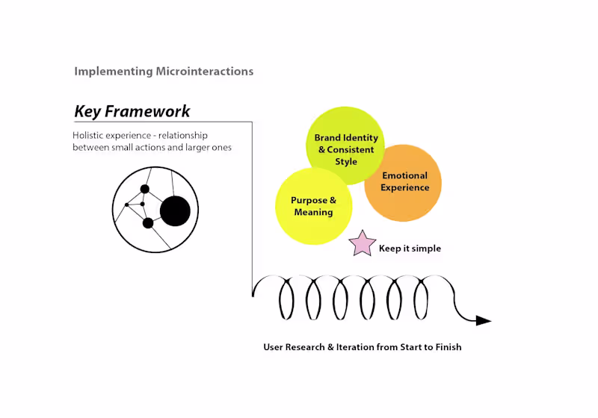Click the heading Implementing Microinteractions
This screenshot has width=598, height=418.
click(164, 72)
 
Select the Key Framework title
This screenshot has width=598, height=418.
click(132, 112)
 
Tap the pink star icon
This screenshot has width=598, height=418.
click(363, 244)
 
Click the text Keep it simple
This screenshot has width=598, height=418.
click(410, 249)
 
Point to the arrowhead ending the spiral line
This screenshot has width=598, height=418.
click(484, 321)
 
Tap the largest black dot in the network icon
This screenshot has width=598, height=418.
click(176, 211)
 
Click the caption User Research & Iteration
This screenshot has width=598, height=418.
click(362, 347)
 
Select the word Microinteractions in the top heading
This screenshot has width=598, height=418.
click(205, 72)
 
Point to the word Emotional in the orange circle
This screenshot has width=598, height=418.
click(404, 176)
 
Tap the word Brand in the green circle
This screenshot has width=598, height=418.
click(327, 138)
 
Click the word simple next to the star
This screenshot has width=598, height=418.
click(426, 249)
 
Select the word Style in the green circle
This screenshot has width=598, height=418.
click(346, 162)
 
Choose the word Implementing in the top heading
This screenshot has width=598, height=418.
click(114, 72)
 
